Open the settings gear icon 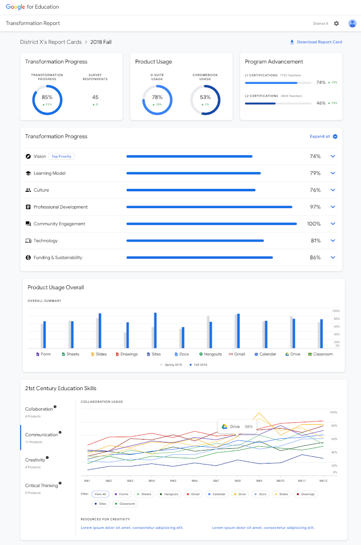coord(336,23)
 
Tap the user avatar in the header coord(352,23)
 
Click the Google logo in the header coord(15,7)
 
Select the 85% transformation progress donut coord(47,100)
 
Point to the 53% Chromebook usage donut coord(205,100)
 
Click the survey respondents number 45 coord(95,97)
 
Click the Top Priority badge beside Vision coord(61,157)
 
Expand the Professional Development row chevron coord(333,207)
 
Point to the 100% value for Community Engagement coord(313,224)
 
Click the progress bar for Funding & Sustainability coord(199,257)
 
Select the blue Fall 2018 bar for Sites coord(155,330)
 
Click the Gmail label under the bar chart coord(237,354)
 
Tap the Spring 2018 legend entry coord(171,365)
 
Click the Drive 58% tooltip coord(237,427)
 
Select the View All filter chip coord(100,494)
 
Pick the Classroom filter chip coord(125,504)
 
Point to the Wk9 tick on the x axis coord(259,481)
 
